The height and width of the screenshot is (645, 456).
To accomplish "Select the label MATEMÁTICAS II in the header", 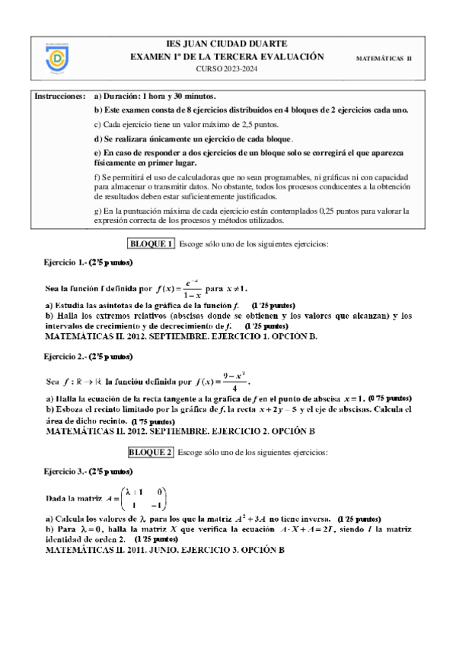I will pos(384,59).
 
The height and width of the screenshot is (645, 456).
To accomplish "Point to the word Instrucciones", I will pos(59,97).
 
